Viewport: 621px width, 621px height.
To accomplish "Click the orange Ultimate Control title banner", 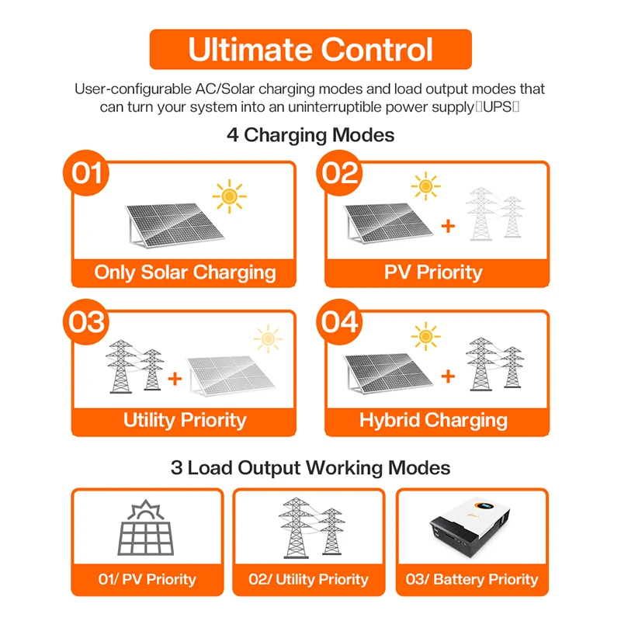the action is (310, 50).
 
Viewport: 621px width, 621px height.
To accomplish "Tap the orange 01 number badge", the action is (86, 172).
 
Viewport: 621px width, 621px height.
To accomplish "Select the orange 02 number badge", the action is (339, 172).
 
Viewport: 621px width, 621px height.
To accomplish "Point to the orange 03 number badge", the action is (86, 321).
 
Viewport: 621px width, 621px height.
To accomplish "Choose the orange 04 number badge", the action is (339, 321).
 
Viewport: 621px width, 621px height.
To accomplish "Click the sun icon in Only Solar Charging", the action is (229, 196).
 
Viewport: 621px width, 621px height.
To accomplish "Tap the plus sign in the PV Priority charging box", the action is (448, 226).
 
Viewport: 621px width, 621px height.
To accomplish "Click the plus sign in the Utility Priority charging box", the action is (175, 378).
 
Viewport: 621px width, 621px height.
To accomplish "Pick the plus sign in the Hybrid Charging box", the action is (448, 376).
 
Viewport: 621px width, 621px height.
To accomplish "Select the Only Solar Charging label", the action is (185, 272).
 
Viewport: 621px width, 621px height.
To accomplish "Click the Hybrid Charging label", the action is (433, 421).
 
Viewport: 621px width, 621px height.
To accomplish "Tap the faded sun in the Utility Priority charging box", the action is (268, 338).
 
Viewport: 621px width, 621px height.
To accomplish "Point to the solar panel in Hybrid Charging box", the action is (389, 373).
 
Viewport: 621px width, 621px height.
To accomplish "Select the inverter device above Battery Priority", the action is (470, 526).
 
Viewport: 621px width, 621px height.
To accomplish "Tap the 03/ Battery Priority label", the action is (472, 579).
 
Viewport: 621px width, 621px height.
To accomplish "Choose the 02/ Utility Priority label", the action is (308, 579).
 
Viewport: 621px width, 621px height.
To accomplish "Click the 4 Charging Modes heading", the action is (310, 135).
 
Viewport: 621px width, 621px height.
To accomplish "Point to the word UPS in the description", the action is (498, 107).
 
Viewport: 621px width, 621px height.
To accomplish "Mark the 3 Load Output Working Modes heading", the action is (310, 468).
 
